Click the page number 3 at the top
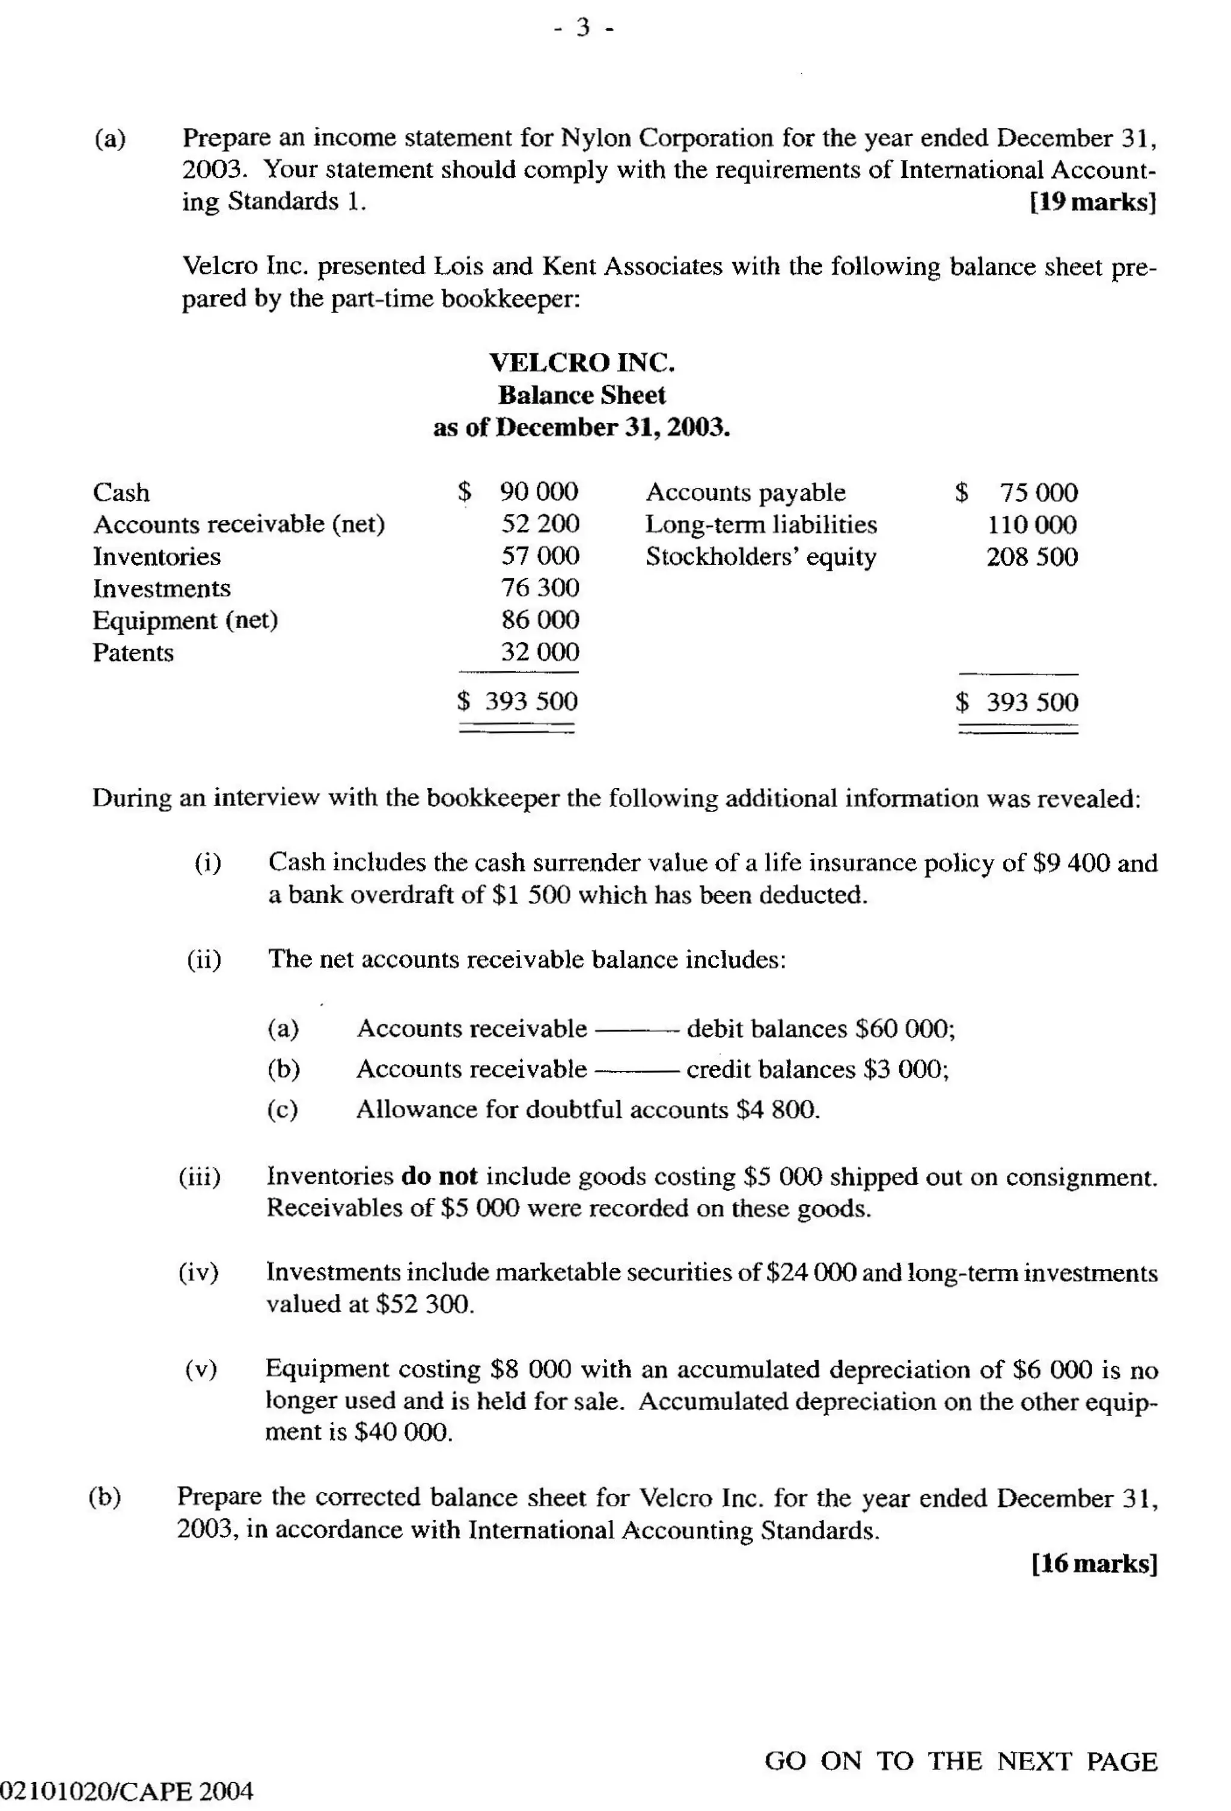click(x=584, y=29)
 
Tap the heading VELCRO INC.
click(x=582, y=362)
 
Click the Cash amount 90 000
click(x=539, y=492)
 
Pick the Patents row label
click(x=133, y=652)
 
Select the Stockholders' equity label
click(x=760, y=557)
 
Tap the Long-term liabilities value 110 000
click(x=1031, y=525)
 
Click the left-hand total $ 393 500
click(x=518, y=701)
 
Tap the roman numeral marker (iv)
click(x=199, y=1272)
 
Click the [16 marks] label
click(x=1094, y=1564)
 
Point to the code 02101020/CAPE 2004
click(x=127, y=1792)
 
